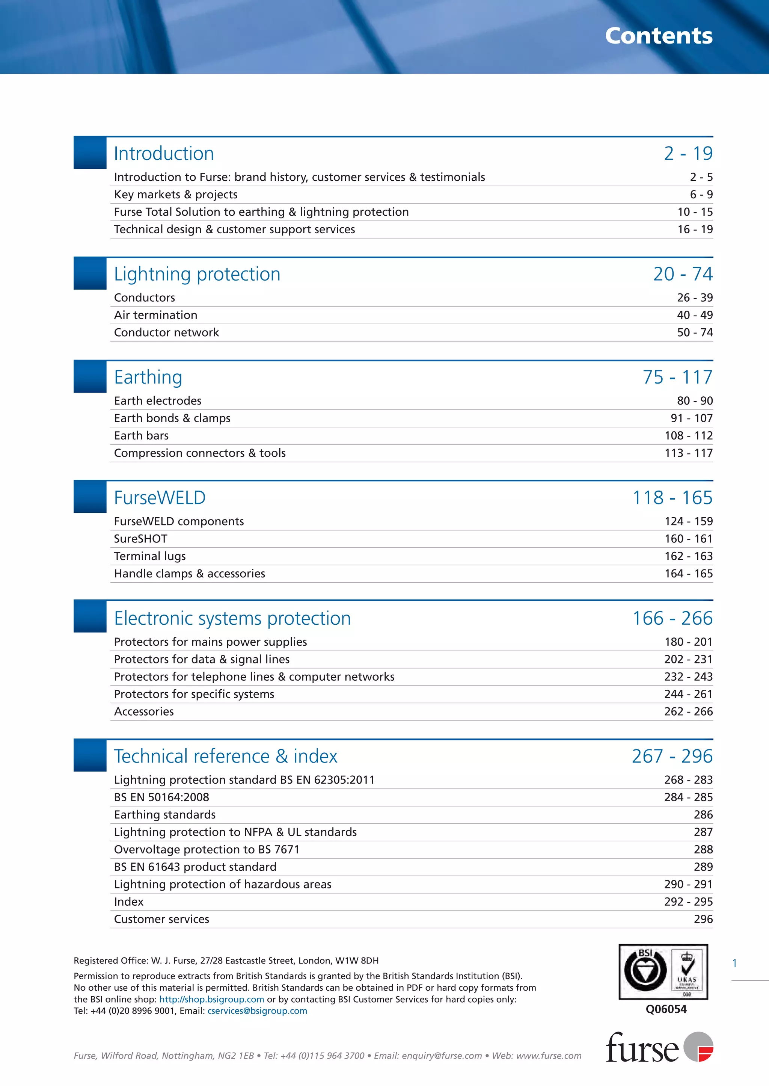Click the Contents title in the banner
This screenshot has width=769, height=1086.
coord(658,36)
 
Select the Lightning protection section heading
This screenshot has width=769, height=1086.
coord(197,274)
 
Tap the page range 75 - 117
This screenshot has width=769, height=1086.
coord(677,377)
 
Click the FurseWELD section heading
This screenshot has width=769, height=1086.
coord(160,498)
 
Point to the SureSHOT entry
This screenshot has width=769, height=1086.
coord(141,539)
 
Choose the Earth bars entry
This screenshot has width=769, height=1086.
coord(141,436)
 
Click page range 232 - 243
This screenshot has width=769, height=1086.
coord(688,677)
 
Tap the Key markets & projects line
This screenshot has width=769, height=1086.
coord(176,195)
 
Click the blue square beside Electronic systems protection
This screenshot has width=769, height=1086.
coord(90,616)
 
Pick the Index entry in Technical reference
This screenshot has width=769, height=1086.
coord(128,902)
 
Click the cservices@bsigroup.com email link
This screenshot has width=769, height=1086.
coord(257,1011)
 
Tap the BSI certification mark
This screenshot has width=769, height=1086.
coord(663,972)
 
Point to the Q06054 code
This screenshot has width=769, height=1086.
coord(666,1009)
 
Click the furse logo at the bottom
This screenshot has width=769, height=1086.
coord(659,1047)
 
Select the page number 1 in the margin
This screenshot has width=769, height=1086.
coord(734,963)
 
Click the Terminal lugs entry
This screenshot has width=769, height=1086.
coord(150,556)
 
